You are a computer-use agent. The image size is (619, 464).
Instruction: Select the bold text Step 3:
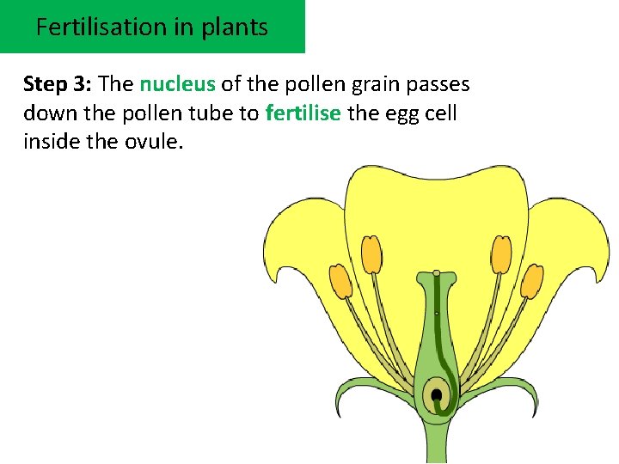[58, 84]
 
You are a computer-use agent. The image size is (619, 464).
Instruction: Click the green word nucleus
[177, 84]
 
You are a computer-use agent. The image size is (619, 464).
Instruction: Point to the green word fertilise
[303, 113]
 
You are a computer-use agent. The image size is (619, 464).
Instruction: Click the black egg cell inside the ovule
[437, 395]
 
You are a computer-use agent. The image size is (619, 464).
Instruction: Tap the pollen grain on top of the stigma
[437, 274]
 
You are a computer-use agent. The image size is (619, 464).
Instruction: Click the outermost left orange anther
[341, 282]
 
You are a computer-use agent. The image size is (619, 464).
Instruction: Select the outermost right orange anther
[532, 281]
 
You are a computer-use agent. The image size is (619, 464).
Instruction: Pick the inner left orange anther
[371, 254]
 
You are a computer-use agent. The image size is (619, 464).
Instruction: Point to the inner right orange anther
[501, 254]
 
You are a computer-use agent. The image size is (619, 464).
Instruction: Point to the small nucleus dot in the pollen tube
[437, 314]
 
